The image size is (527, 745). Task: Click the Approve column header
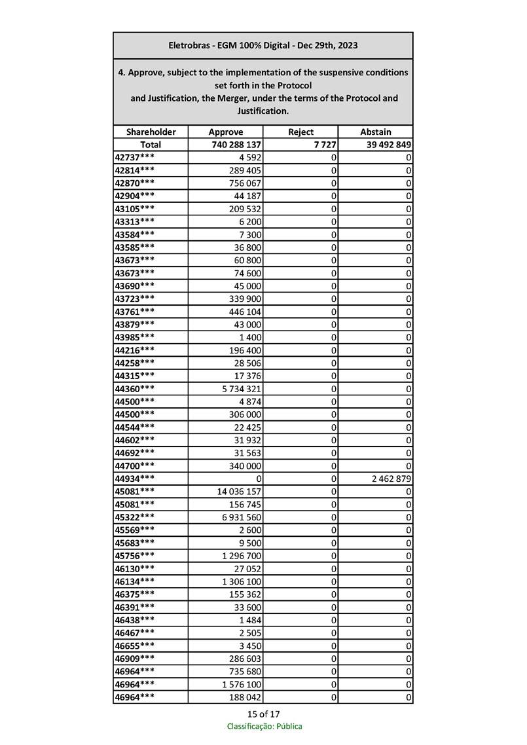[x=225, y=132]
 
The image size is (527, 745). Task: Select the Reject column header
[x=300, y=132]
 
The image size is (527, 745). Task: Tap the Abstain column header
[x=376, y=132]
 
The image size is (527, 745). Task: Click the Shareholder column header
[x=151, y=132]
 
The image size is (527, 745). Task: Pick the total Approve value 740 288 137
[x=237, y=145]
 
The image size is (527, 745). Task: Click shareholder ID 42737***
[x=135, y=158]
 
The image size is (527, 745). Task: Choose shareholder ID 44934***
[x=135, y=479]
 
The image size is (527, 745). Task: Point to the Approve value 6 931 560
[x=240, y=517]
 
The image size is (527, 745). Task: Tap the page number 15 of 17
[x=264, y=714]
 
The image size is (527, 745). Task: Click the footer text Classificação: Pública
[x=264, y=726]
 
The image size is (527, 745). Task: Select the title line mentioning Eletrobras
[x=263, y=45]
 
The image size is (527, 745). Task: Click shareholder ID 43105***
[x=135, y=209]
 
